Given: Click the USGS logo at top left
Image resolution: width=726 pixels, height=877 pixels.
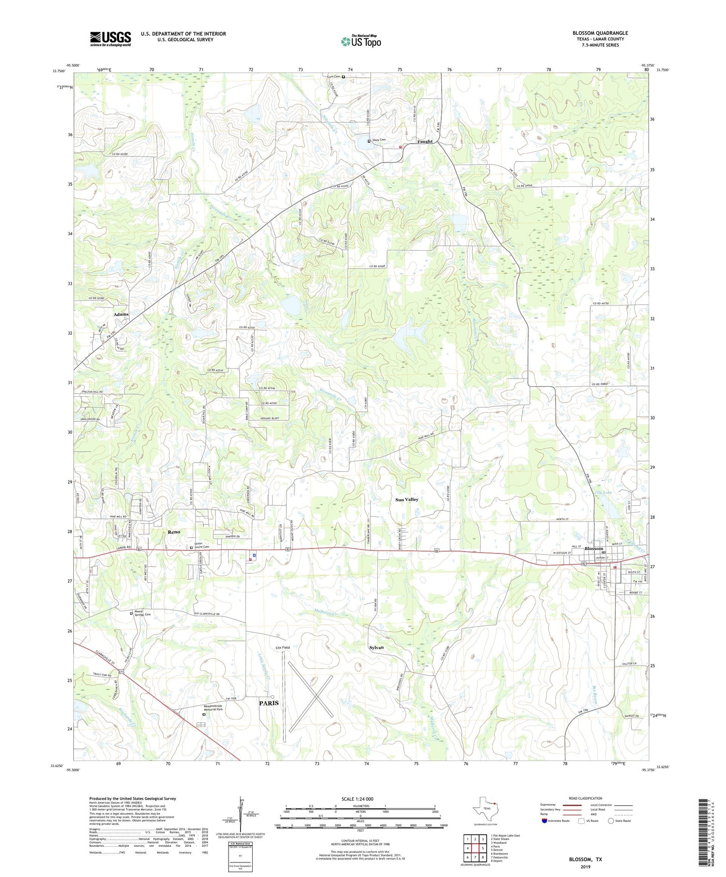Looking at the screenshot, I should (111, 39).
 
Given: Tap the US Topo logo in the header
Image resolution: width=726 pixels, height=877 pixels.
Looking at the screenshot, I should (361, 41).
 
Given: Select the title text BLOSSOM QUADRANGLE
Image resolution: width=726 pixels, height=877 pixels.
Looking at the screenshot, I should (600, 33).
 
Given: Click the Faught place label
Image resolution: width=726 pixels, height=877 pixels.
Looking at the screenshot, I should (425, 142).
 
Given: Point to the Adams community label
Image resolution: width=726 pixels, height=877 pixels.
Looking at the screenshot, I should (121, 314).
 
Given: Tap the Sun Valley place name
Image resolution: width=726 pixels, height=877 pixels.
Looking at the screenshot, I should (406, 500).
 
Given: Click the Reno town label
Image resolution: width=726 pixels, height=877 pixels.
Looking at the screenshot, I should (174, 532).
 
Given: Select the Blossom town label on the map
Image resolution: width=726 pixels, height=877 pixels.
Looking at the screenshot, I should (593, 549).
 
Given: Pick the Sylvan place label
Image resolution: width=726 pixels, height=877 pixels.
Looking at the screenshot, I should (376, 647).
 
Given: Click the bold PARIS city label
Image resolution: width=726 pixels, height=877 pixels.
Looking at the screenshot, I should (269, 703).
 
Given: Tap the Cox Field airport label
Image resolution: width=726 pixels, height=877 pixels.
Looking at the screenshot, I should (282, 647).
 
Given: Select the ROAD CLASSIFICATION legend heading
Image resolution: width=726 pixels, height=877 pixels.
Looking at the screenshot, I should (585, 798).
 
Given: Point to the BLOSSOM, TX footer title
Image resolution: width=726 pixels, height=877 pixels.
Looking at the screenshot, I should (585, 859).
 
